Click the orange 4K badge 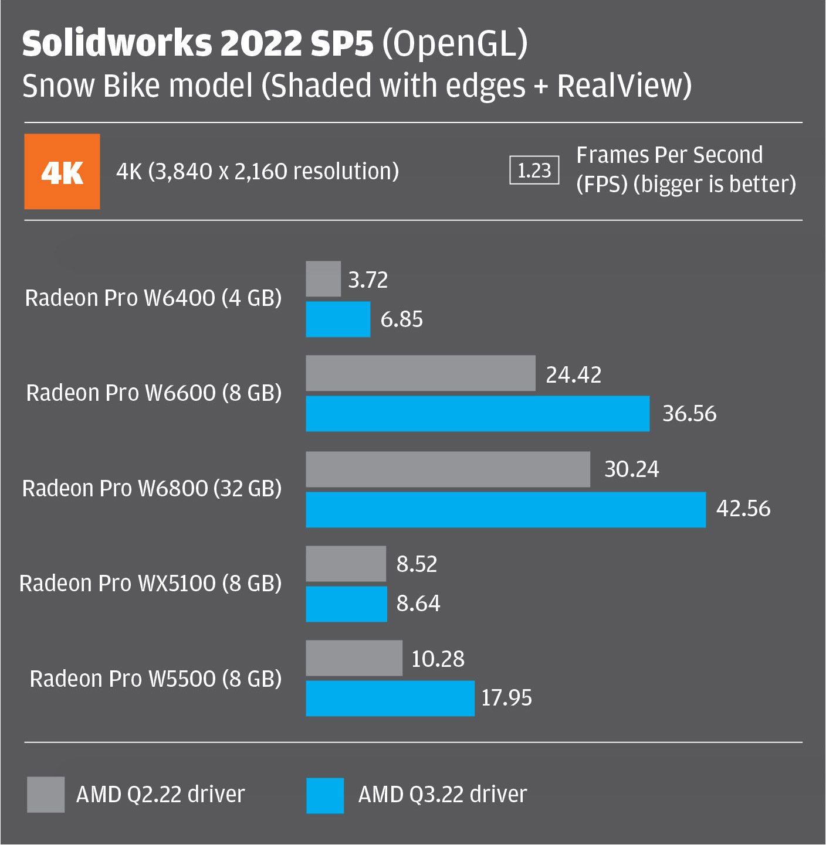62,172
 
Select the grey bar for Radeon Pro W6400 323,279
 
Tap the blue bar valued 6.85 338,319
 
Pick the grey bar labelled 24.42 420,373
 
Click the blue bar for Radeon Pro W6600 478,414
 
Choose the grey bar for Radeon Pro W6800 448,469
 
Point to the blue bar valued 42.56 506,510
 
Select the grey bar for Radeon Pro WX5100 346,564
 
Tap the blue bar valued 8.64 346,604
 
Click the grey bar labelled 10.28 354,658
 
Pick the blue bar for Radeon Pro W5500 390,699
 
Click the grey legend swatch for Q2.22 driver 46,795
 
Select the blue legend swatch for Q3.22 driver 325,795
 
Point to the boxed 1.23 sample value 534,171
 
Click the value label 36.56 689,414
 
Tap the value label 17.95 506,698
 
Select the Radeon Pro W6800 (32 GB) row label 151,488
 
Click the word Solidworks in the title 117,43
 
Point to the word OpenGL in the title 455,43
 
